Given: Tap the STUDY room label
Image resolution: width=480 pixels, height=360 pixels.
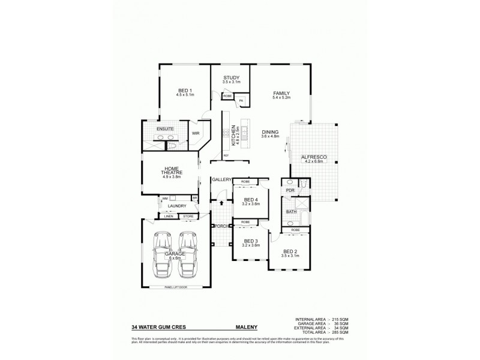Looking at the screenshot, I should (x=232, y=77).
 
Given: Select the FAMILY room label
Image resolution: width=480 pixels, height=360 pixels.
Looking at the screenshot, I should (x=281, y=94).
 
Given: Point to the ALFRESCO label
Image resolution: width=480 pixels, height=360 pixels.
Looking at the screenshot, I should (x=313, y=157).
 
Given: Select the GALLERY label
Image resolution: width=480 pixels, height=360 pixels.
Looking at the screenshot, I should (x=221, y=180).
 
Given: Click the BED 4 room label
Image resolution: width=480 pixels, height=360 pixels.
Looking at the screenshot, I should (x=245, y=200).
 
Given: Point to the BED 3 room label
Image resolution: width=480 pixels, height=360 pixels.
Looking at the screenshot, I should (x=245, y=241).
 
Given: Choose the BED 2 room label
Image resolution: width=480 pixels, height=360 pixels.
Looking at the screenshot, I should (x=290, y=251).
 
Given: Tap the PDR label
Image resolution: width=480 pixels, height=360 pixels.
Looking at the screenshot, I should (x=290, y=191).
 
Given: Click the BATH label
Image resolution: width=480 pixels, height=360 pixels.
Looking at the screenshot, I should (x=291, y=211).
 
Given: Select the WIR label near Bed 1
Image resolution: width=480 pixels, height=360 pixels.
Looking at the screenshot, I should (x=196, y=133).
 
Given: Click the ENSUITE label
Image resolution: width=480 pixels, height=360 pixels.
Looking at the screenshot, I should (x=165, y=129).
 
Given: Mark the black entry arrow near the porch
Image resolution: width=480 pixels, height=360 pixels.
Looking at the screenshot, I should (x=221, y=203).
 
